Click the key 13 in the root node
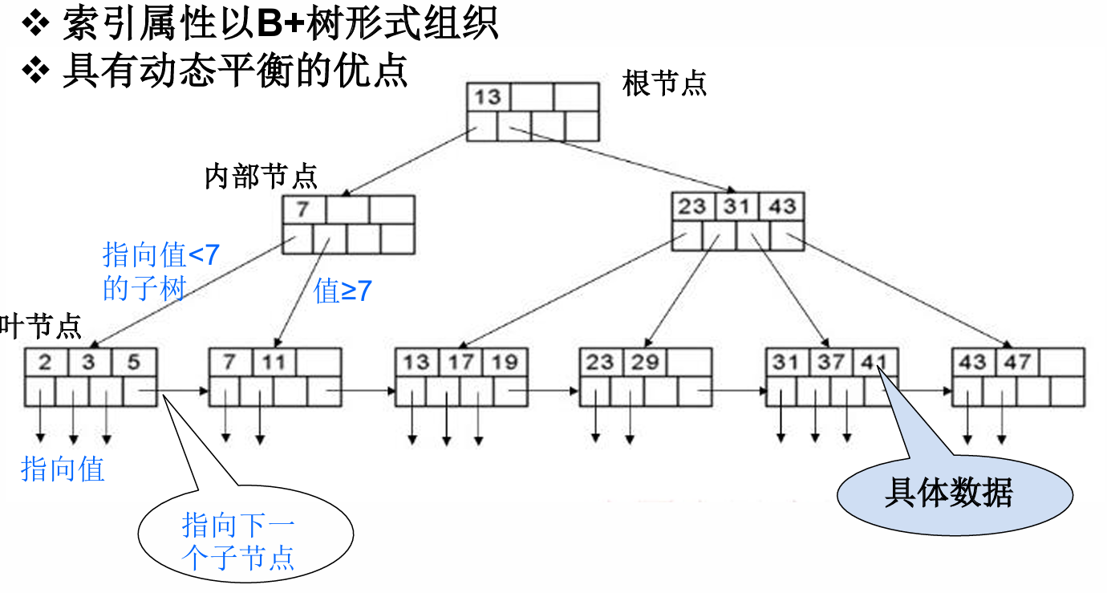tap(487, 97)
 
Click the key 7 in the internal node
tap(302, 210)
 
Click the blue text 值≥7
tap(343, 291)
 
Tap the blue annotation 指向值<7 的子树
tap(160, 271)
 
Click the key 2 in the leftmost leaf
tap(45, 362)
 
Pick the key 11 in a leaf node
tap(274, 362)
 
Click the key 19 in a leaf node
tap(505, 362)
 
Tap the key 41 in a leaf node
tap(873, 362)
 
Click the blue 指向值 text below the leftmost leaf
tap(63, 469)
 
